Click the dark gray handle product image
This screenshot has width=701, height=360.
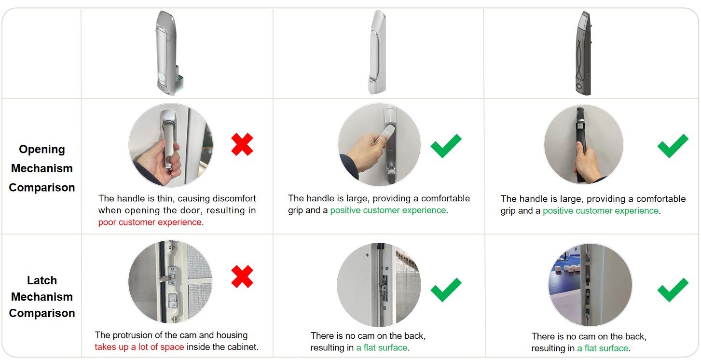[584, 53]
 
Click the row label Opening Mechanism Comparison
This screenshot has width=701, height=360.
[42, 168]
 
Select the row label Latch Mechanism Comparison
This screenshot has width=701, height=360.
[42, 296]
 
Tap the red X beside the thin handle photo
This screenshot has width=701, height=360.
[242, 144]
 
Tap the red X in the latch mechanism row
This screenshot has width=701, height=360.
[242, 277]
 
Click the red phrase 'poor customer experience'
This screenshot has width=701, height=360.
[150, 222]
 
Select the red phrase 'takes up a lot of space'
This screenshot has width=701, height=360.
[139, 347]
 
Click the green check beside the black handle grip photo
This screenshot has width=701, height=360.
[673, 146]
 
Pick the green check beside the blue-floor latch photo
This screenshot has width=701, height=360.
[673, 290]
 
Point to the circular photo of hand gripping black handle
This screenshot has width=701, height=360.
[584, 145]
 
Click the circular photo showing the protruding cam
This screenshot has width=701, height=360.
[171, 281]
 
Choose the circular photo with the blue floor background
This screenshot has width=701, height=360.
[590, 285]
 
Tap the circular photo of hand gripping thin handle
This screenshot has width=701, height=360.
[171, 145]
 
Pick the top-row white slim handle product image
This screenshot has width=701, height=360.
[378, 52]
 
